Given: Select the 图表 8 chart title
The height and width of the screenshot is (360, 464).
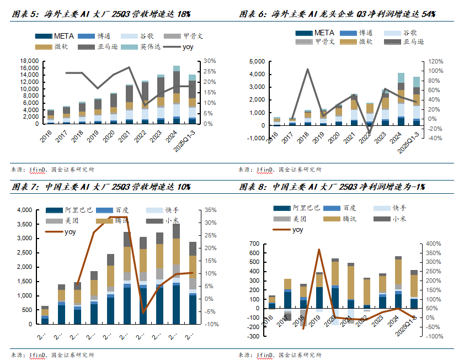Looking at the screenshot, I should point(332,187).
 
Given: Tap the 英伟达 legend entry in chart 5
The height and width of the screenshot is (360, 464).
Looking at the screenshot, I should point(150,47).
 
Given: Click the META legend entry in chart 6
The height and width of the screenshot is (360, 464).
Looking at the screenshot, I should point(322,33).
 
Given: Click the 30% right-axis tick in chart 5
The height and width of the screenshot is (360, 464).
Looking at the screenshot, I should point(210,61).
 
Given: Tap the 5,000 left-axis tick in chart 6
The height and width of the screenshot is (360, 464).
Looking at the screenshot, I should point(257,61).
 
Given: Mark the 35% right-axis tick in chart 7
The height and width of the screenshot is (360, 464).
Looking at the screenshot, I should point(210,210).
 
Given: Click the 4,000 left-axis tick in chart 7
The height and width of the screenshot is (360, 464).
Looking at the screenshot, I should point(26,210).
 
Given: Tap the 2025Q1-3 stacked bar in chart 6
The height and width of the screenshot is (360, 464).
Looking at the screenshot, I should point(417,102).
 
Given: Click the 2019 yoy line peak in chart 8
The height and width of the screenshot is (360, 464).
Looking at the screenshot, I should point(319,250).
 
